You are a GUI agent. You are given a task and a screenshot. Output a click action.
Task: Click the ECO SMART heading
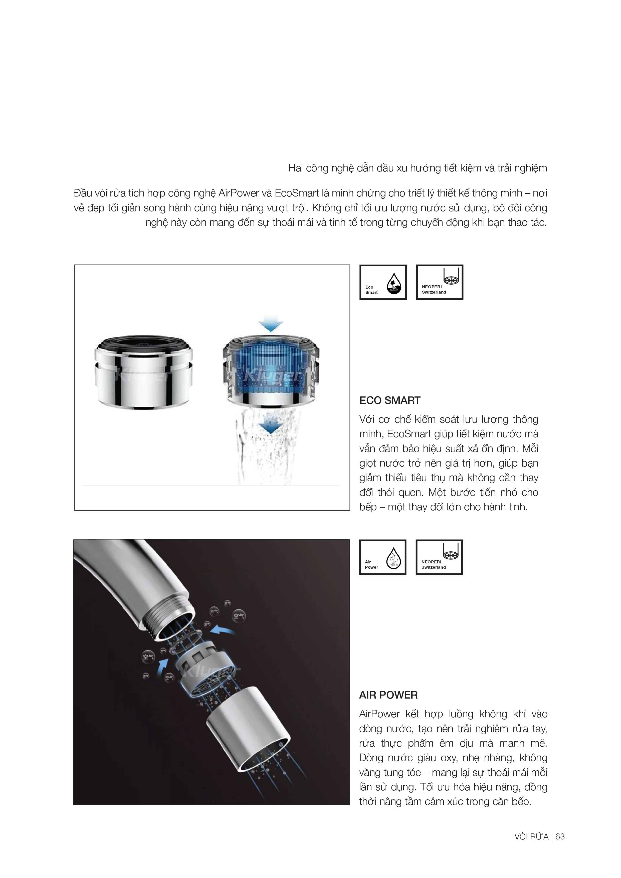390,400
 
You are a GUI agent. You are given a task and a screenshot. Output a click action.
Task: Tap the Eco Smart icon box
383,282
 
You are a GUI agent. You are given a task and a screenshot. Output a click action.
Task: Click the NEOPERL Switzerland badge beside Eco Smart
439,282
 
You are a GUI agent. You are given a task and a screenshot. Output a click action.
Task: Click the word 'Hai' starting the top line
296,168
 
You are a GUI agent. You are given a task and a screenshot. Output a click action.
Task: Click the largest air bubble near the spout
239,615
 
